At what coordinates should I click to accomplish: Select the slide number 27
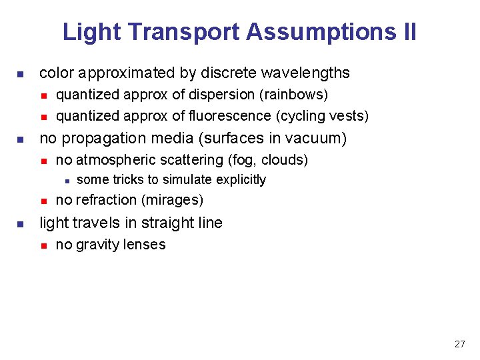[459, 344]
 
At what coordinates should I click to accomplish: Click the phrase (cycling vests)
[321, 116]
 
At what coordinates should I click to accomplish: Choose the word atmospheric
[111, 160]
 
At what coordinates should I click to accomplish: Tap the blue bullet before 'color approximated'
[21, 73]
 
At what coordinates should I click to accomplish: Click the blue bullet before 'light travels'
[21, 223]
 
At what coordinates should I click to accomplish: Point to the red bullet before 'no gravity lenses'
[43, 245]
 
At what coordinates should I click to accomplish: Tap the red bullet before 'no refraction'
[43, 201]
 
